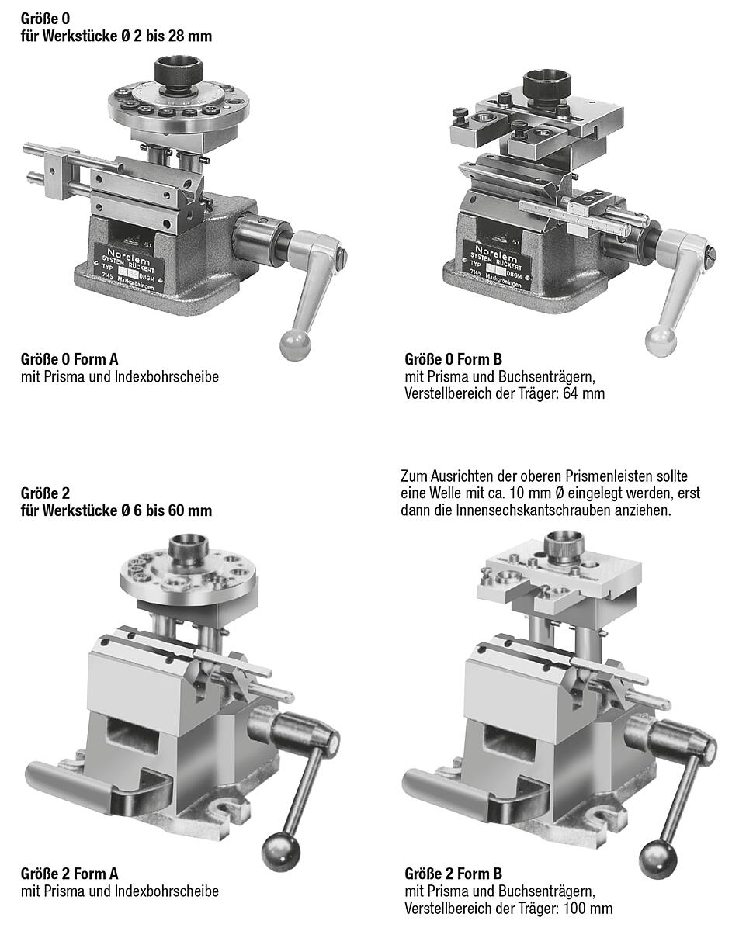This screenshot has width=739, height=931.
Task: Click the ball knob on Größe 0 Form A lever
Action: tap(296, 344)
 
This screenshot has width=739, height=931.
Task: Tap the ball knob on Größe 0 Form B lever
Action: tap(661, 342)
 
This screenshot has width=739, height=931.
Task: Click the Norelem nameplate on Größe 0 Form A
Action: tap(129, 267)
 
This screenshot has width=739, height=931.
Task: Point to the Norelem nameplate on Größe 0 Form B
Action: tap(498, 265)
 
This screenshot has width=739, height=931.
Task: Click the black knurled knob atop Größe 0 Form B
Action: tap(546, 85)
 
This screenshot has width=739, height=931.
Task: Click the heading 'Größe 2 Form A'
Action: tap(69, 874)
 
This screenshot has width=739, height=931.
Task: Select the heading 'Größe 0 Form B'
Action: tap(453, 359)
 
